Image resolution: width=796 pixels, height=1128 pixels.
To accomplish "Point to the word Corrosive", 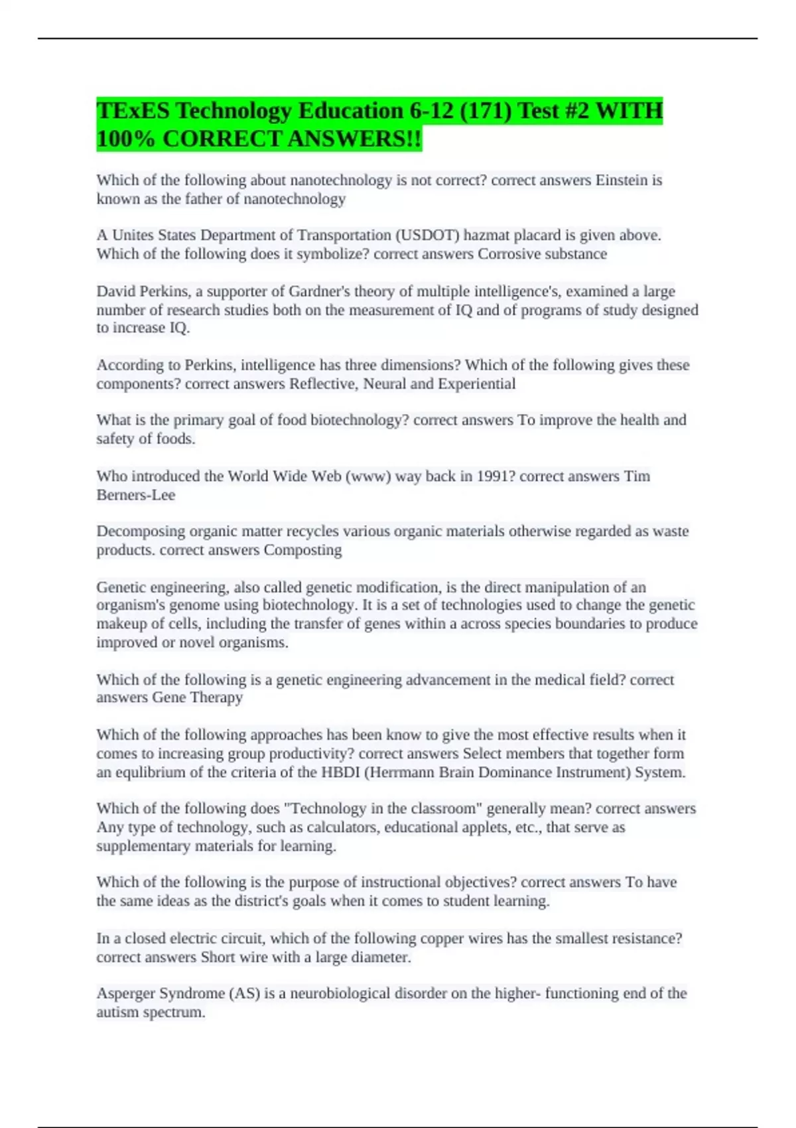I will click(x=509, y=254).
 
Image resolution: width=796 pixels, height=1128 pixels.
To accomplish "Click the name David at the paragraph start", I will click(x=115, y=291).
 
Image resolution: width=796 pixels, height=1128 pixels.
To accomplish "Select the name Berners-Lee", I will click(x=136, y=495).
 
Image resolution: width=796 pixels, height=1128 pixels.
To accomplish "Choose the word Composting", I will click(x=302, y=550).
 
